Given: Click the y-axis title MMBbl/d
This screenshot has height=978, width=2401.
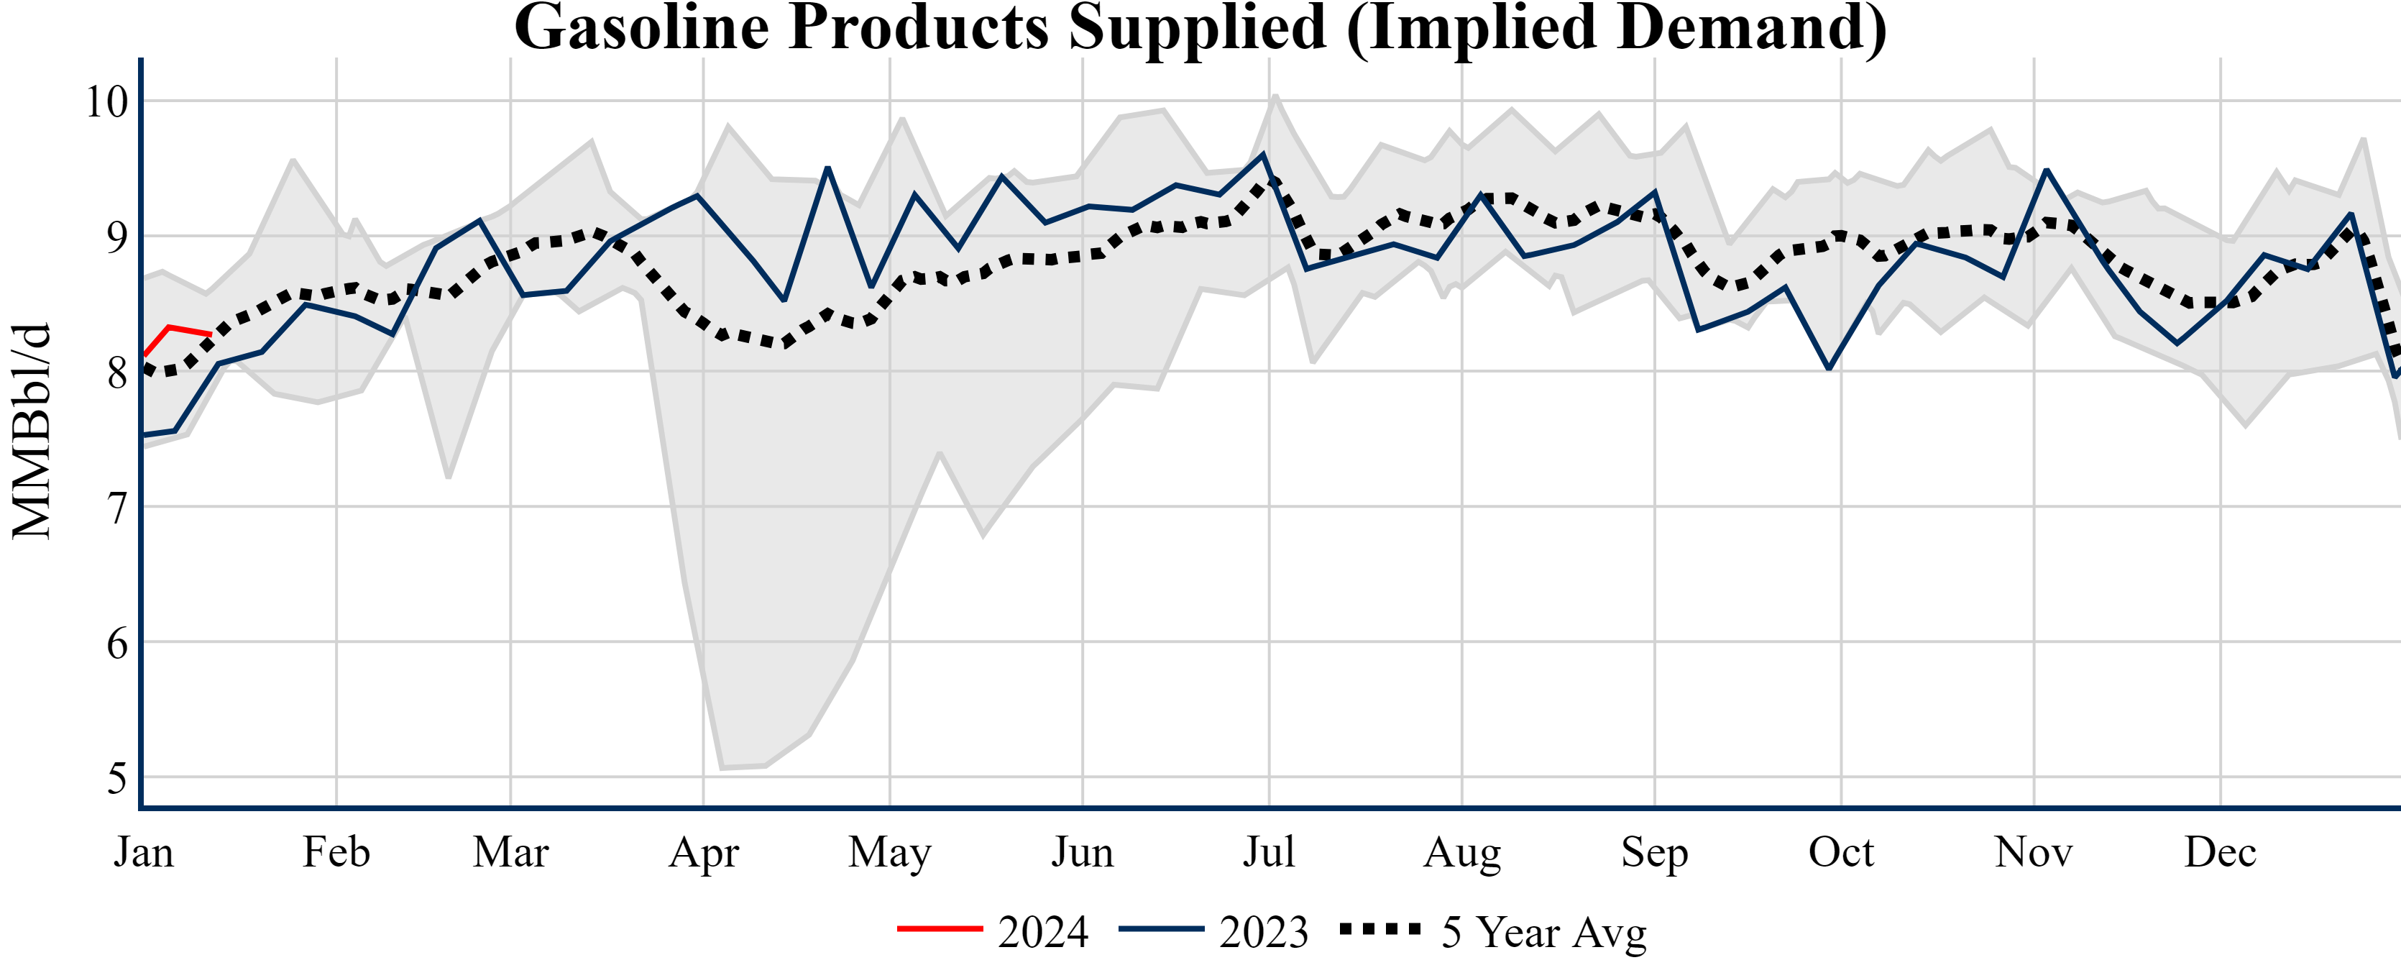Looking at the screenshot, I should click(32, 431).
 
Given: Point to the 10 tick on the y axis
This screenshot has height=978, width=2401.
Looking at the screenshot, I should click(106, 101).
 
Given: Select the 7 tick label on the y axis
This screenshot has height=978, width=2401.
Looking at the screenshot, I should click(116, 508).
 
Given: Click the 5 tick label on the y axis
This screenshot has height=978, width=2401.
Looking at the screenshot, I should click(116, 779).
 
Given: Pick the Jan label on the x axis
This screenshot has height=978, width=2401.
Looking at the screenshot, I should click(144, 852).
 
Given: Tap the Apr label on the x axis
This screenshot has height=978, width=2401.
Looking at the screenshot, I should click(704, 852).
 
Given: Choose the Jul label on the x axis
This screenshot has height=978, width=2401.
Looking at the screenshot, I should click(1269, 852).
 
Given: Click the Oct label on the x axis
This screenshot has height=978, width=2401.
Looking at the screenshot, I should click(1841, 852).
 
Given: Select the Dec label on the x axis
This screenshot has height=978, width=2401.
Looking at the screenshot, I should click(2220, 852).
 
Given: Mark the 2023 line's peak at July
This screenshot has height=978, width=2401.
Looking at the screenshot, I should click(1263, 154).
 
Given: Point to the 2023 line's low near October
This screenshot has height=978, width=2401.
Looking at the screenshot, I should click(1829, 368).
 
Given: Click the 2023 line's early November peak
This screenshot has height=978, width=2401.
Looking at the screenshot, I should click(2046, 170).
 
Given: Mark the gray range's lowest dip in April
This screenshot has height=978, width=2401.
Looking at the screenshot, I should click(722, 767).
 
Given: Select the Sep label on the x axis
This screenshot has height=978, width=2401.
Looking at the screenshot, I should click(1654, 852).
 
